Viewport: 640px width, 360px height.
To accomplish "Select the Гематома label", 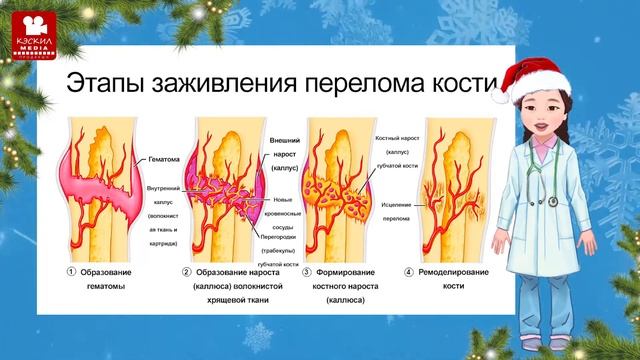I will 162,159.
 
